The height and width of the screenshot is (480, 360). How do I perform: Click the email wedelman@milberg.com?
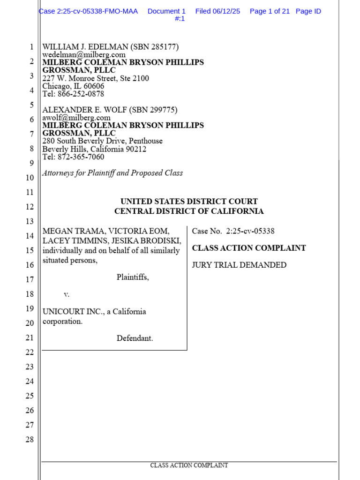84,54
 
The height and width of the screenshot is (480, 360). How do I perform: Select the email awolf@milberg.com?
76,118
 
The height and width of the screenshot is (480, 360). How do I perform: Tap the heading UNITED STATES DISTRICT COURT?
189,202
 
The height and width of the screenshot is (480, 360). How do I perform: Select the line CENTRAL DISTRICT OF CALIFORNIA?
189,211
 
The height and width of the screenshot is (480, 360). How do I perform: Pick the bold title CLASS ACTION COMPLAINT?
249,248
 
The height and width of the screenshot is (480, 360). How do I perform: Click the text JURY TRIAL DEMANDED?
239,265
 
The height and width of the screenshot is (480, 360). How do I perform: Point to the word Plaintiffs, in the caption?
133,277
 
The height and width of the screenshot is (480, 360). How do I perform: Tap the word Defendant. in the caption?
135,338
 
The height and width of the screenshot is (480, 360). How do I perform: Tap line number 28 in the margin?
30,440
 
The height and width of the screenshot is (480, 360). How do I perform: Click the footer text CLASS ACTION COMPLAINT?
189,465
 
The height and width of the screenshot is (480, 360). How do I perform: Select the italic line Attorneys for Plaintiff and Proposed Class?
112,173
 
